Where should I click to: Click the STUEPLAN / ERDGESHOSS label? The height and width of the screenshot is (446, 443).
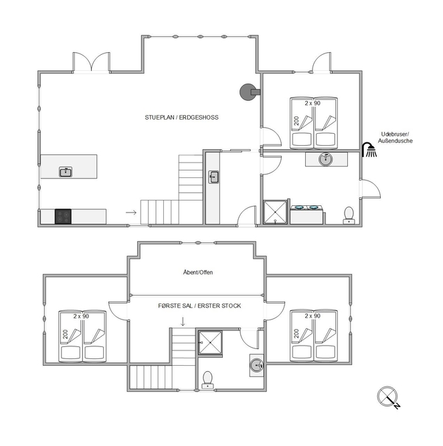(x=181, y=118)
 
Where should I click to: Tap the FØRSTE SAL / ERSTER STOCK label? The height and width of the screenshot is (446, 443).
(x=199, y=306)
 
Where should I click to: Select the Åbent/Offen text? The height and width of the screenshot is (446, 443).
(x=198, y=272)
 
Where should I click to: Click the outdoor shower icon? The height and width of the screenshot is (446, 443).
(x=369, y=150)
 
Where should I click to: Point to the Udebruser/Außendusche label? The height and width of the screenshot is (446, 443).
(x=395, y=137)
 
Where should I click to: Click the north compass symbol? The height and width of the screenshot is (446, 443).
(x=389, y=397)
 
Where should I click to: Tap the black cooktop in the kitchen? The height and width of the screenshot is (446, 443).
(x=63, y=217)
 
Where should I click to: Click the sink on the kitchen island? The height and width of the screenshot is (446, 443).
(x=66, y=172)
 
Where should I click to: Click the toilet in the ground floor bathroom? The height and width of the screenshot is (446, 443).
(x=349, y=215)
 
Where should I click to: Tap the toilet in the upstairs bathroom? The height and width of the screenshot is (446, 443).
(x=207, y=380)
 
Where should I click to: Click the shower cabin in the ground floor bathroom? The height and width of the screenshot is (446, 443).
(x=275, y=212)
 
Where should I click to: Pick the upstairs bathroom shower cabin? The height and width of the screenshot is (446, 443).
(x=210, y=343)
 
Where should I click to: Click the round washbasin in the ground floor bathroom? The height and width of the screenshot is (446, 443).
(x=326, y=159)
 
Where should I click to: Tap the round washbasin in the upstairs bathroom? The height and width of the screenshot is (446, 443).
(x=256, y=365)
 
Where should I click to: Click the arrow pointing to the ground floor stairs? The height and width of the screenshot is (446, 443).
(x=131, y=213)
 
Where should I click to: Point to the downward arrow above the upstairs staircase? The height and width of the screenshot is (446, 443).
(x=183, y=322)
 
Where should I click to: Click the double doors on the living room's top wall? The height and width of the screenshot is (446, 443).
(x=92, y=62)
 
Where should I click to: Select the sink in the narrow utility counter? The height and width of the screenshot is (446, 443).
(x=213, y=177)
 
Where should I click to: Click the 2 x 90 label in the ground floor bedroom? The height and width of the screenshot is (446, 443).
(x=313, y=103)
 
